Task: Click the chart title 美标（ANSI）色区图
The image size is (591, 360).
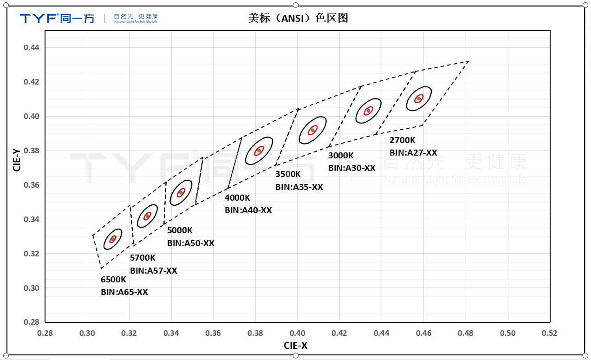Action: [x=298, y=18]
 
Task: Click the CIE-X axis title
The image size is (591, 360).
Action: [x=296, y=346]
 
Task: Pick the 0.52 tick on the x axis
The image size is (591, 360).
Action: [x=550, y=333]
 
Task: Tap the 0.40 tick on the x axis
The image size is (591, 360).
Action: [x=297, y=333]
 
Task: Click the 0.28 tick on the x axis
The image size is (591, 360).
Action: [x=45, y=333]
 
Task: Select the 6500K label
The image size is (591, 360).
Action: [x=113, y=280]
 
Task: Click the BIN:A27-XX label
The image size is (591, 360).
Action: [x=413, y=152]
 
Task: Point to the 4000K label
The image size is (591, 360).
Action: [x=237, y=197]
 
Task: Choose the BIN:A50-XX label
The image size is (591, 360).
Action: [x=191, y=243]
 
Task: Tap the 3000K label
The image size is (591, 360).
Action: [x=341, y=156]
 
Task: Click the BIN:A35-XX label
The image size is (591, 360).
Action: [x=299, y=187]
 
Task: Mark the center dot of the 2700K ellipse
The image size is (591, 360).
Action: [x=419, y=98]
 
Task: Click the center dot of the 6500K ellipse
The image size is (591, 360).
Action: [x=112, y=239]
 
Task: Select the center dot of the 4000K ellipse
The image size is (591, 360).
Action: [x=259, y=151]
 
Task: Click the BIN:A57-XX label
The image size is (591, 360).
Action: [x=154, y=270]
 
